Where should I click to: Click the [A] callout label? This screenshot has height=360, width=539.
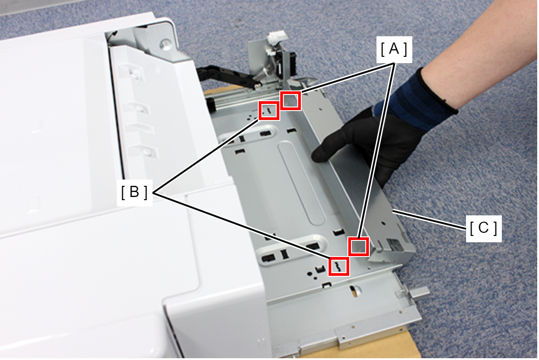coord(394,49)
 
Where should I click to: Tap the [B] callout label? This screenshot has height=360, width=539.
coord(134,193)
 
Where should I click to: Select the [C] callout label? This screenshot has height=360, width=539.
coord(483,228)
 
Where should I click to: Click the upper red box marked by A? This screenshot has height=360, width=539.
coord(291,101)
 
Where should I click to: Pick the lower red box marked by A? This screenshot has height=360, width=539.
coord(359,247)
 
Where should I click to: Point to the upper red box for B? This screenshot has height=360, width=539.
coord(269,111)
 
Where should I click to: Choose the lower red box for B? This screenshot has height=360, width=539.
coord(339,266)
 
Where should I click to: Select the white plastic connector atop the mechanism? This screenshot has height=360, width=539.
coord(277,37)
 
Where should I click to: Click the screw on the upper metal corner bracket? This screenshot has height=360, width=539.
coord(165,43)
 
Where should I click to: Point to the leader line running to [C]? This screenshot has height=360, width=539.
coord(429,219)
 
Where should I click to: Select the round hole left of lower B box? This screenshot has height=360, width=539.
coord(310,274)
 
